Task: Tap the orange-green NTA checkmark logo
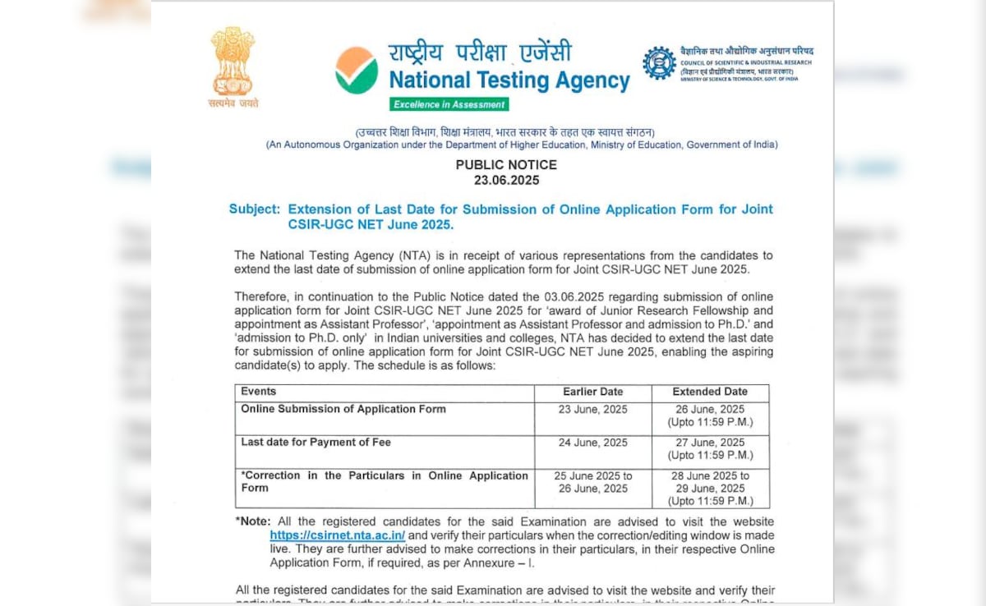pyautogui.click(x=357, y=70)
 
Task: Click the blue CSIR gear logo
pyautogui.click(x=659, y=63)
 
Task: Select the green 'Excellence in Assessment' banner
pyautogui.click(x=449, y=104)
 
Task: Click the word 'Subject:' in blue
pyautogui.click(x=254, y=209)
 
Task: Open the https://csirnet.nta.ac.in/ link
pyautogui.click(x=337, y=535)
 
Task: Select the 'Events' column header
pyautogui.click(x=258, y=392)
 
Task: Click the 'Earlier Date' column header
pyautogui.click(x=592, y=392)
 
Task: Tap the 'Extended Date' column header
pyautogui.click(x=710, y=392)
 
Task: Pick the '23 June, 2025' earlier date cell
pyautogui.click(x=592, y=409)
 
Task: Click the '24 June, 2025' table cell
pyautogui.click(x=592, y=443)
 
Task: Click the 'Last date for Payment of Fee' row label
pyautogui.click(x=316, y=443)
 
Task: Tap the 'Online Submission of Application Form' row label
pyautogui.click(x=343, y=409)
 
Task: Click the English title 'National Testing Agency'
pyautogui.click(x=509, y=81)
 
